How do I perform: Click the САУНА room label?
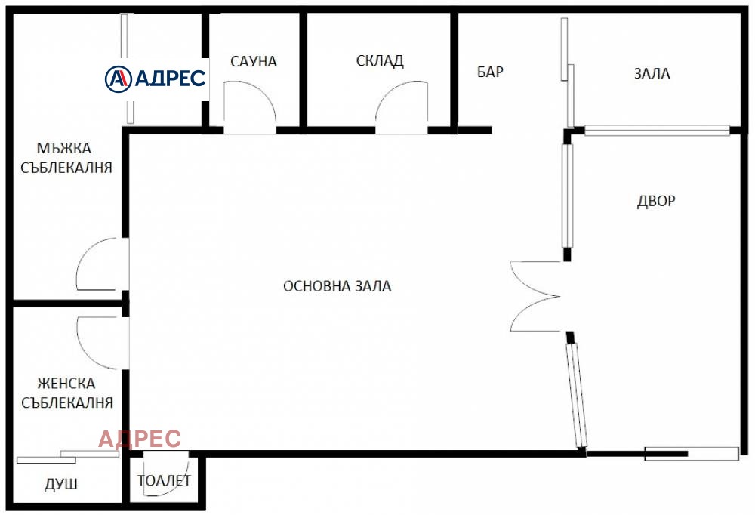pyautogui.click(x=253, y=62)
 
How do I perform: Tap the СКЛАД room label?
pyautogui.click(x=380, y=60)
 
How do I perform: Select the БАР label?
pyautogui.click(x=490, y=72)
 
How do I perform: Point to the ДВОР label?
pyautogui.click(x=656, y=201)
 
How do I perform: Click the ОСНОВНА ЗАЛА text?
pyautogui.click(x=337, y=286)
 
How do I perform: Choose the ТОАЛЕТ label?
pyautogui.click(x=164, y=480)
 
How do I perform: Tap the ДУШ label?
pyautogui.click(x=61, y=484)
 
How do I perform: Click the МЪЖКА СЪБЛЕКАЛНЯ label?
pyautogui.click(x=66, y=158)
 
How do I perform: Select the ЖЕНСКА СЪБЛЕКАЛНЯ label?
pyautogui.click(x=67, y=393)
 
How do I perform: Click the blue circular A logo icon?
pyautogui.click(x=119, y=79)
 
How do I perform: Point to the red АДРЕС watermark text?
pyautogui.click(x=140, y=439)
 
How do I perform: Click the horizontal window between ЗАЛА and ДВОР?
pyautogui.click(x=657, y=130)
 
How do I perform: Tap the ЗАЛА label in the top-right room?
pyautogui.click(x=652, y=73)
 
